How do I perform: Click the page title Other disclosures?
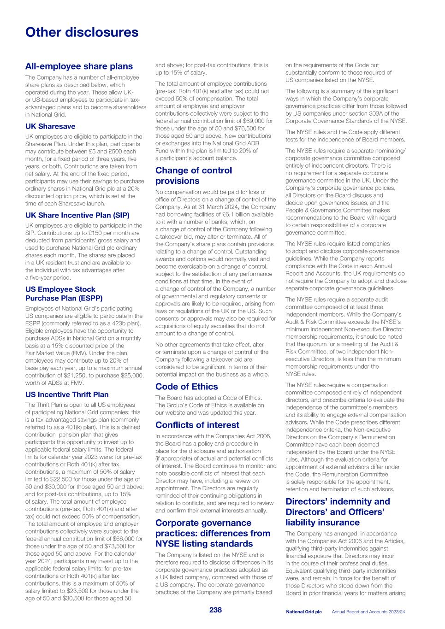click(82, 32)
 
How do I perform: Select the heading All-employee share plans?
click(79, 66)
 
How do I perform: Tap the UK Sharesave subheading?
click(50, 126)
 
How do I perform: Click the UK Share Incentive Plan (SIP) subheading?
click(77, 215)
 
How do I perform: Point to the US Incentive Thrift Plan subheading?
click(67, 394)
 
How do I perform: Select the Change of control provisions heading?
click(194, 176)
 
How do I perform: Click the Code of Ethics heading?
click(186, 386)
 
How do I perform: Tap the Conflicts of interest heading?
click(197, 425)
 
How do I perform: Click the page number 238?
click(215, 610)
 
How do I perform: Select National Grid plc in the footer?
click(303, 612)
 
